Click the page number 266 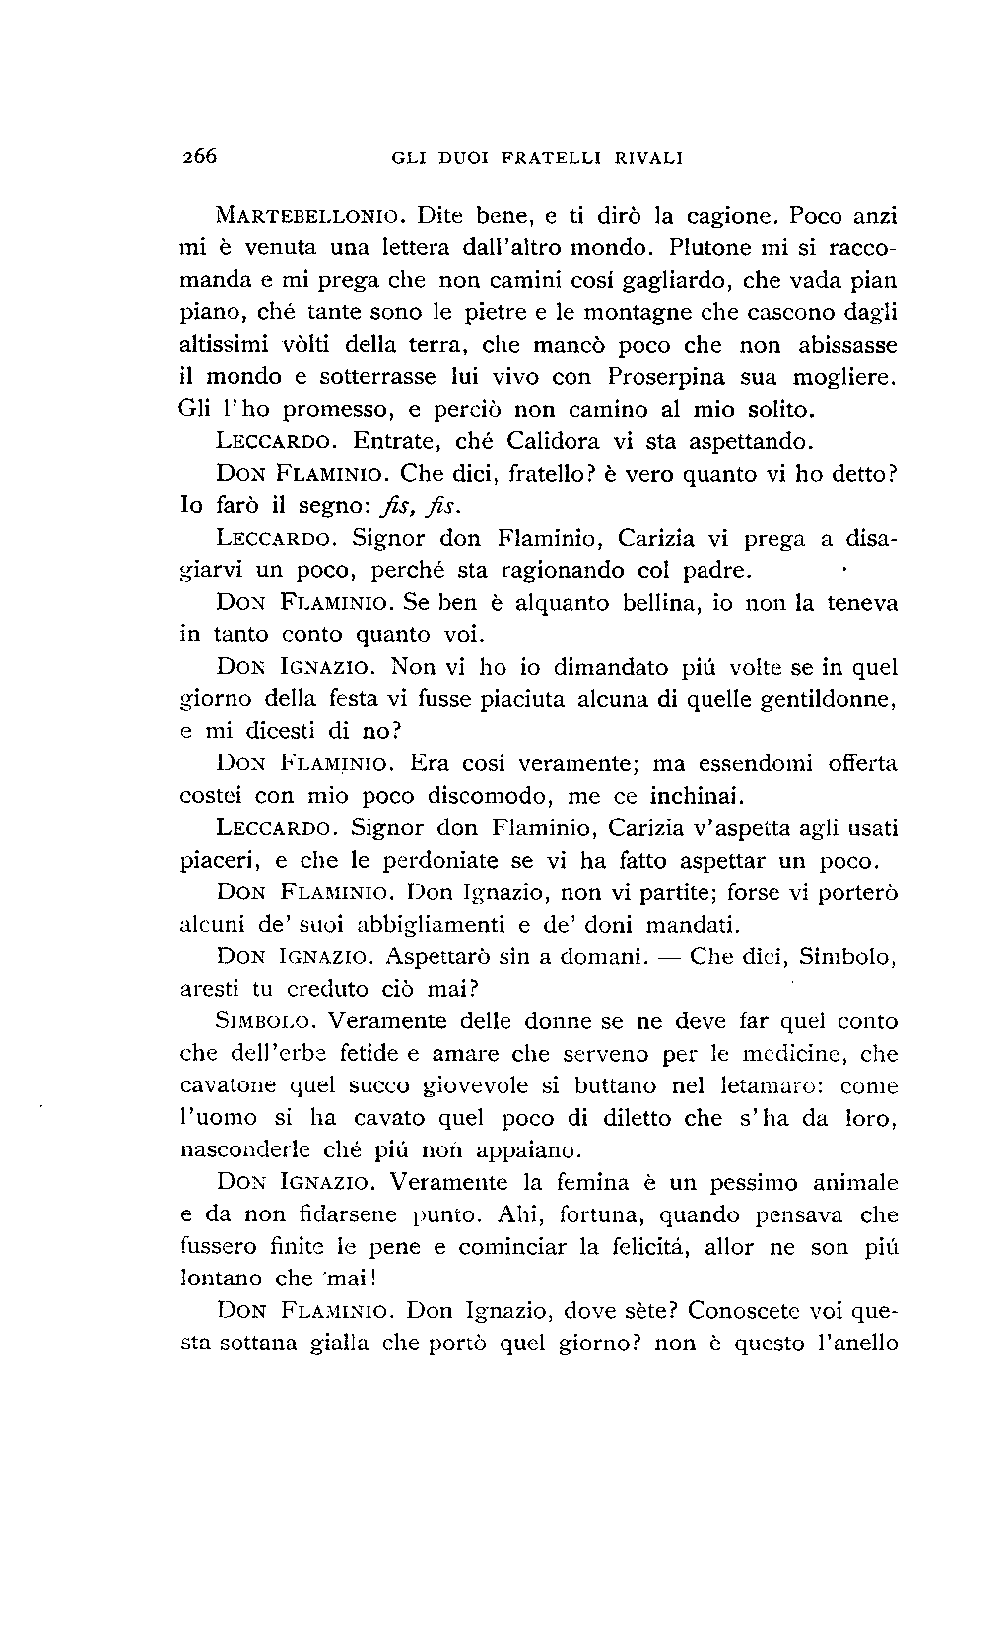pyautogui.click(x=198, y=156)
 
